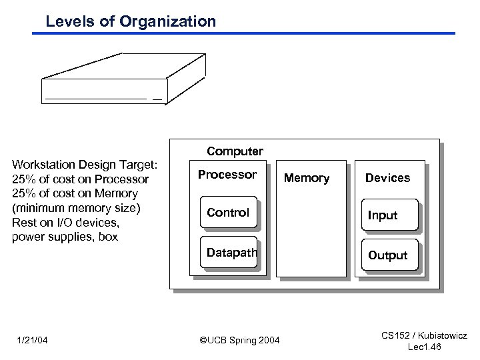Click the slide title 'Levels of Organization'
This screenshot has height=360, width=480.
(x=131, y=21)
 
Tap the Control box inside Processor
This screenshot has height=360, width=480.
(x=228, y=213)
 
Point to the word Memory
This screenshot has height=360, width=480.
(x=307, y=178)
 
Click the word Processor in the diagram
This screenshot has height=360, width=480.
(x=227, y=175)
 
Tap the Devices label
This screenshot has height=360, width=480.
(x=387, y=178)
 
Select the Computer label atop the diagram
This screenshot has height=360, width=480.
(x=235, y=151)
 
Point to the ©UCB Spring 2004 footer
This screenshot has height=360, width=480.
(x=240, y=341)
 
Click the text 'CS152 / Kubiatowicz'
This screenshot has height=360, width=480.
(x=425, y=336)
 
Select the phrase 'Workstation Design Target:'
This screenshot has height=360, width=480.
(x=85, y=165)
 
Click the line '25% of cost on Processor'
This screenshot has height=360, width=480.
(x=80, y=179)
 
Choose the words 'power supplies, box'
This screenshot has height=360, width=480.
(x=65, y=237)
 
